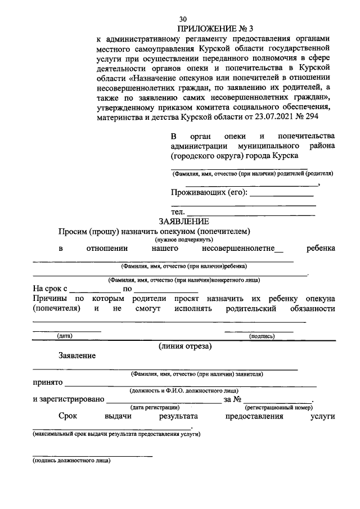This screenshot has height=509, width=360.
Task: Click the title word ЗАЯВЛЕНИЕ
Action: tap(184, 222)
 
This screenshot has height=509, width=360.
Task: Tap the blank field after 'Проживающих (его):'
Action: tap(281, 193)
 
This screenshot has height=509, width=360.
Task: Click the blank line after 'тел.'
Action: tap(250, 213)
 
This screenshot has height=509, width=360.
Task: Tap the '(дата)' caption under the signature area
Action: tap(64, 336)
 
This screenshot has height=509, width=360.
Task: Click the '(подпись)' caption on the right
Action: tap(262, 336)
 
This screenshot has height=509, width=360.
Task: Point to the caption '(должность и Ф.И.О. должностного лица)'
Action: tap(184, 390)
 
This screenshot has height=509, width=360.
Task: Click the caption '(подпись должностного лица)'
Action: tap(71, 461)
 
